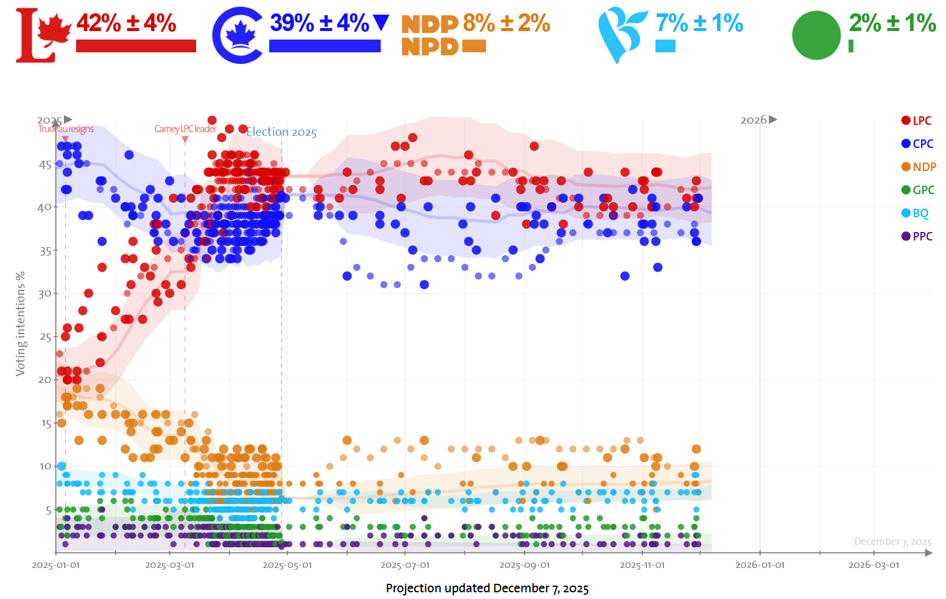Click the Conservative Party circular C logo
[x=238, y=35]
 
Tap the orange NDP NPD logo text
[x=430, y=35]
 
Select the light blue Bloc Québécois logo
[x=621, y=34]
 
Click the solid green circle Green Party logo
[x=816, y=35]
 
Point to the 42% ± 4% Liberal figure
[x=127, y=24]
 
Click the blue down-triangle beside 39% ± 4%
[x=381, y=23]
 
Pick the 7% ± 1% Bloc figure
[x=699, y=24]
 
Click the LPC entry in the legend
[x=916, y=121]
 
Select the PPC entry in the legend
[x=917, y=236]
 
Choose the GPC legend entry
[x=917, y=190]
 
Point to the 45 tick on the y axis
[x=46, y=164]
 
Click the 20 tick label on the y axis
[x=46, y=379]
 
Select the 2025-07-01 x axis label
[x=405, y=565]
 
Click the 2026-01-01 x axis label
[x=760, y=565]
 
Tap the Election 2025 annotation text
[x=281, y=132]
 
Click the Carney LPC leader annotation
[x=185, y=129]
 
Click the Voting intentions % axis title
[x=21, y=323]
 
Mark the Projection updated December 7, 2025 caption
[x=487, y=588]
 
